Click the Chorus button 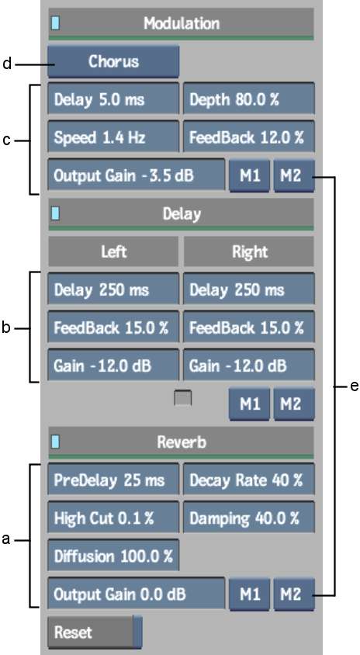coord(113,62)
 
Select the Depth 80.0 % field coord(248,99)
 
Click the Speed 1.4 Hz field coord(113,137)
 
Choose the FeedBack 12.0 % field coord(248,137)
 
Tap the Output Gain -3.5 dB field coord(136,175)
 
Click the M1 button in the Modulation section coord(249,175)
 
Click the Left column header coord(113,252)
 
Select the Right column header coord(249,252)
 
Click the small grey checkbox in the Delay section coord(182,398)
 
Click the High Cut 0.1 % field coord(113,518)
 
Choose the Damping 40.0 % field coord(248,518)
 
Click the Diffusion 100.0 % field coord(113,556)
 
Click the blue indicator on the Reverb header coord(55,442)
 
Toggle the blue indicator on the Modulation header coord(55,23)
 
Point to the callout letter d coord(6,64)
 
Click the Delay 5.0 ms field coord(113,99)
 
